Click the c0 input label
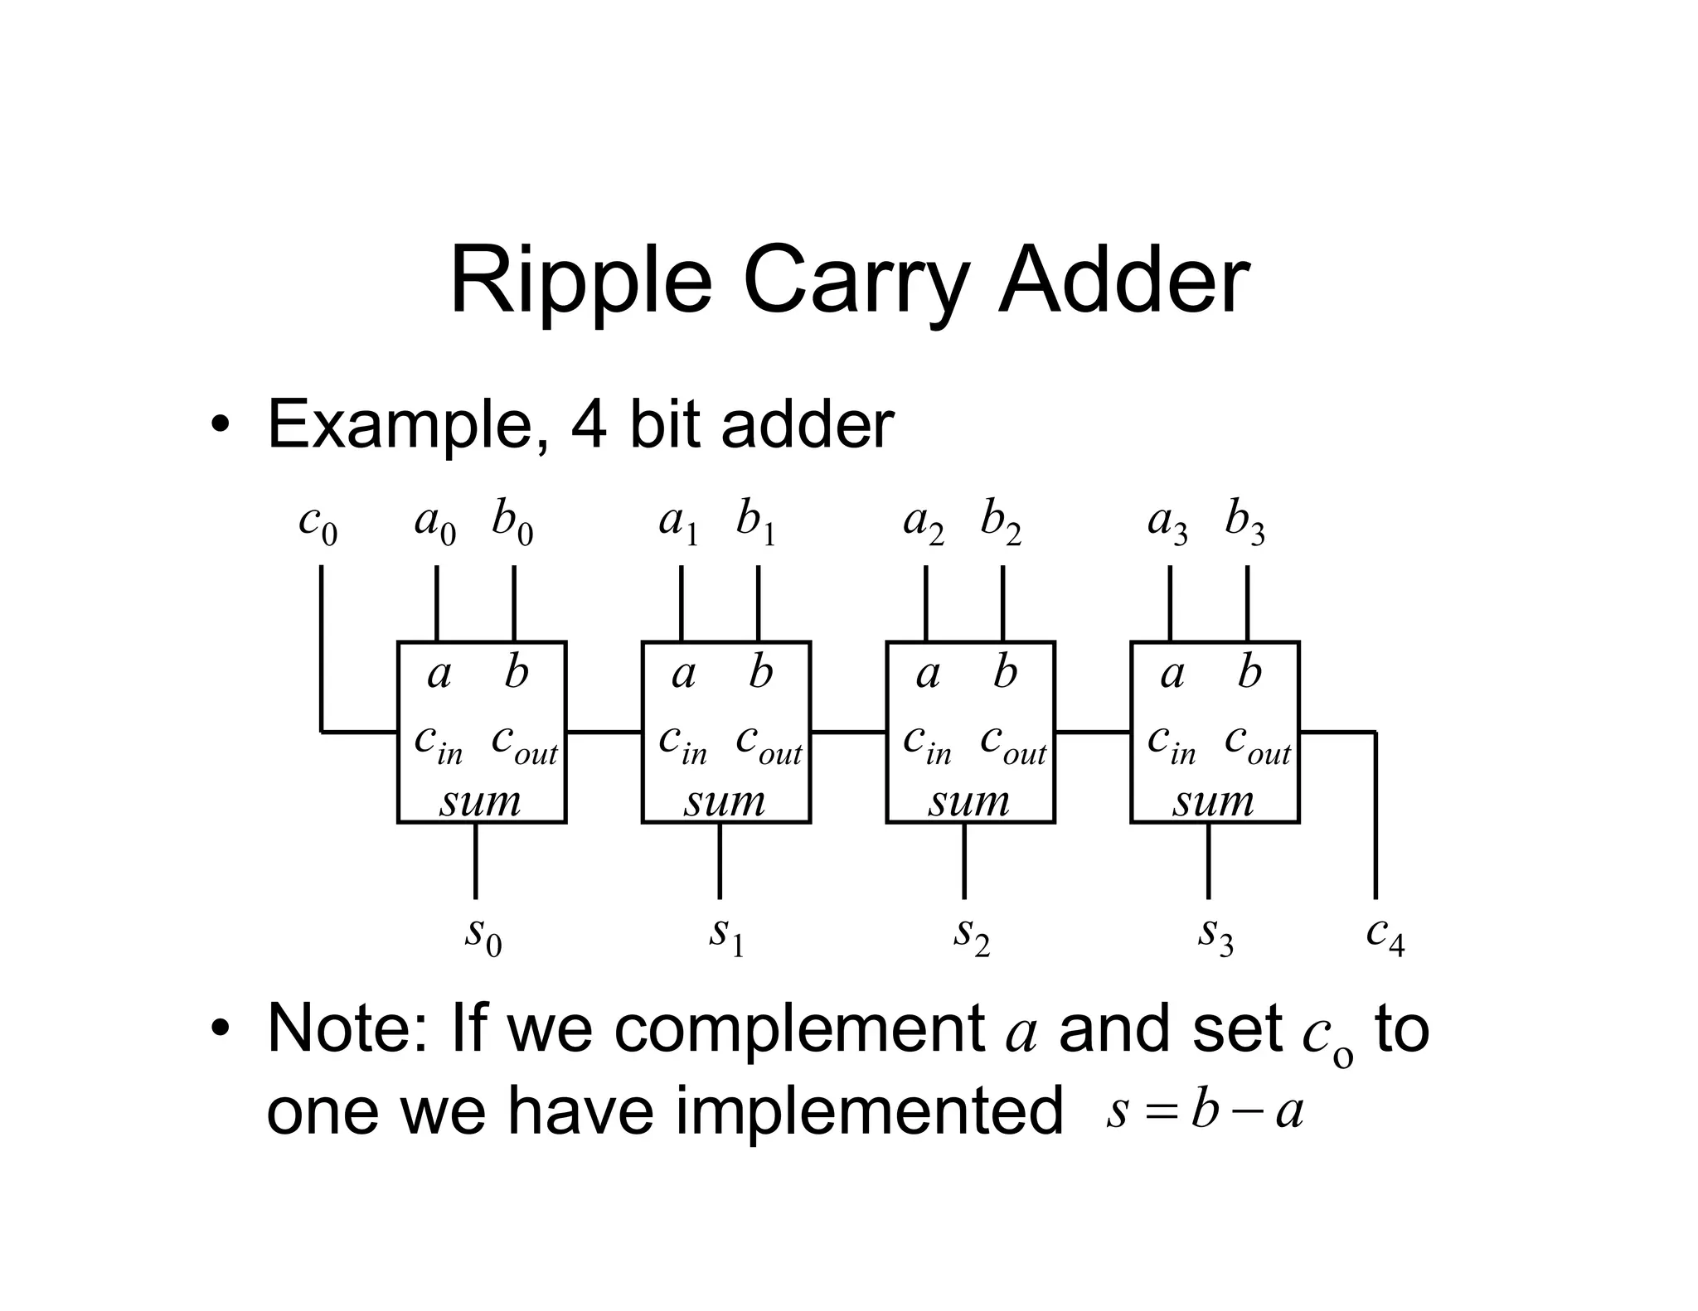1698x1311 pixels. click(x=318, y=524)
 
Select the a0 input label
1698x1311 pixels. click(x=435, y=524)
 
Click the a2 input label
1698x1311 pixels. click(x=924, y=524)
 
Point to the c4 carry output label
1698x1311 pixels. click(x=1385, y=935)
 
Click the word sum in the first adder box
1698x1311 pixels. click(x=481, y=801)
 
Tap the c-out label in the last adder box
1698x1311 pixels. click(x=1257, y=741)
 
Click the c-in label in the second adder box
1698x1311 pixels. click(x=682, y=741)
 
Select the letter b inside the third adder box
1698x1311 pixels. click(x=1005, y=672)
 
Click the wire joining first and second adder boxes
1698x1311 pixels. click(x=604, y=732)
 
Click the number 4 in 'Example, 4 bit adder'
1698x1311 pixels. click(x=588, y=425)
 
